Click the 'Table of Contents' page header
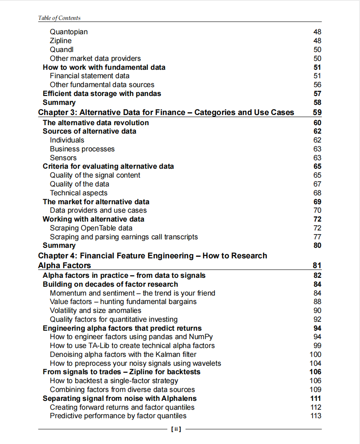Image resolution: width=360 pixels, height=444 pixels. pyautogui.click(x=59, y=18)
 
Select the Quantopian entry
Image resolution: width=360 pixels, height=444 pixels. pyautogui.click(x=69, y=32)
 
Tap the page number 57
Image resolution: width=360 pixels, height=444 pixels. pyautogui.click(x=317, y=93)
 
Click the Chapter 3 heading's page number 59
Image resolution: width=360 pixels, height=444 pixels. pyautogui.click(x=317, y=112)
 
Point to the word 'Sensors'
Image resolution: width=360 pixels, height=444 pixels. pyautogui.click(x=63, y=158)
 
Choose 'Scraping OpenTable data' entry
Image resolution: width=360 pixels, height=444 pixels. pyautogui.click(x=91, y=228)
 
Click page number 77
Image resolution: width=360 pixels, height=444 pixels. pyautogui.click(x=317, y=237)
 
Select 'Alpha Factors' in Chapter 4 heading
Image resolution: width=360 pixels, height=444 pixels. pyautogui.click(x=64, y=266)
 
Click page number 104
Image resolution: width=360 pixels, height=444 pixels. pyautogui.click(x=315, y=363)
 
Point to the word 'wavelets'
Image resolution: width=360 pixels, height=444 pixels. pyautogui.click(x=207, y=363)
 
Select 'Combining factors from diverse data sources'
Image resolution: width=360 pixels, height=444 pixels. pyautogui.click(x=122, y=389)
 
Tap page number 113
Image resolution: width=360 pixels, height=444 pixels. pyautogui.click(x=315, y=416)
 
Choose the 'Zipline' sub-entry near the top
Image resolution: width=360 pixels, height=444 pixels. pyautogui.click(x=61, y=41)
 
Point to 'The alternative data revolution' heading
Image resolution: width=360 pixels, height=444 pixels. pyautogui.click(x=95, y=123)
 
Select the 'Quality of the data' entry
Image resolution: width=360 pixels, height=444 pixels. pyautogui.click(x=79, y=184)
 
